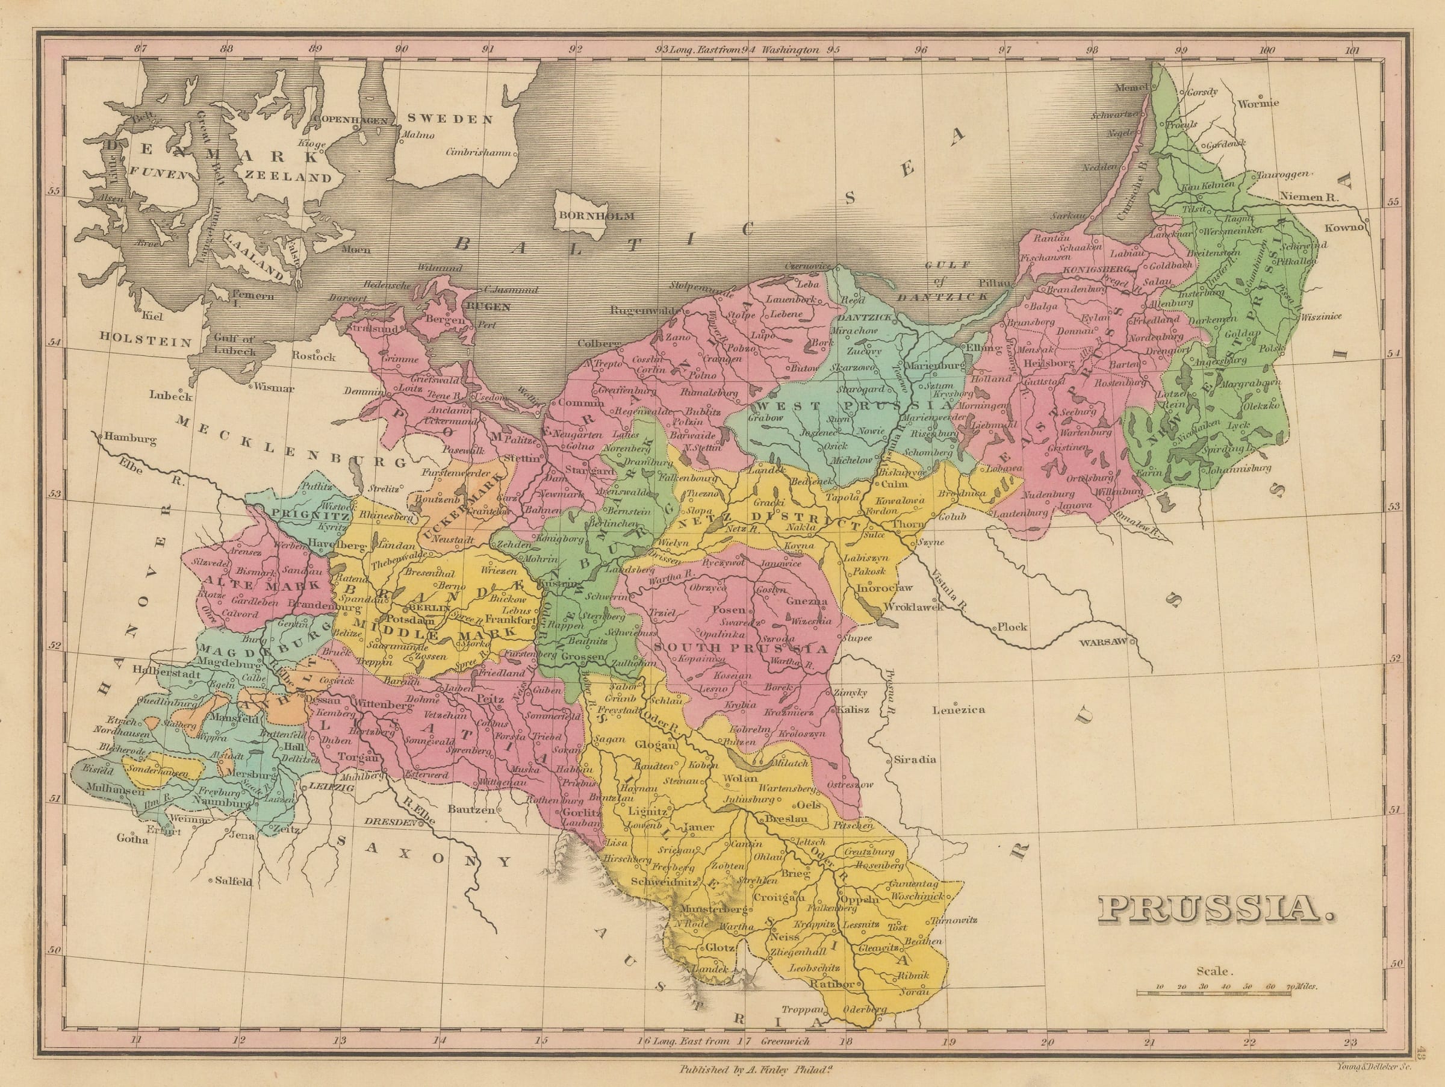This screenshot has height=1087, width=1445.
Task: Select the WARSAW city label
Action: click(1102, 643)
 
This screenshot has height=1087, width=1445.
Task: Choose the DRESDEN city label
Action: click(389, 823)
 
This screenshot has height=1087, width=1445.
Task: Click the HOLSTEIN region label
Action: click(146, 341)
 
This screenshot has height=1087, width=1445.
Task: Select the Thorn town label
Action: click(909, 524)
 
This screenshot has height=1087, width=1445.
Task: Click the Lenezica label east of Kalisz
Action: click(959, 709)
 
